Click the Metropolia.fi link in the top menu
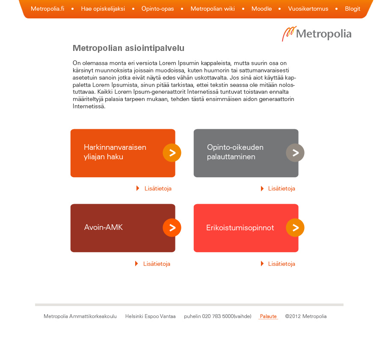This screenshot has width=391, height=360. click(x=47, y=9)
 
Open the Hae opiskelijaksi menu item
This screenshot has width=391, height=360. click(x=103, y=9)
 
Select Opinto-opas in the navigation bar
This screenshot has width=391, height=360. click(x=157, y=9)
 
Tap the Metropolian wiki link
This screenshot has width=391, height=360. click(x=213, y=9)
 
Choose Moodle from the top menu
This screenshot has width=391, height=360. click(x=261, y=9)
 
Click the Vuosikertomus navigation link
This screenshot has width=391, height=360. click(x=308, y=9)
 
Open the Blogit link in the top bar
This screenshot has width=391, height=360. click(x=352, y=9)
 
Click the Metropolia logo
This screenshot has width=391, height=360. click(x=317, y=34)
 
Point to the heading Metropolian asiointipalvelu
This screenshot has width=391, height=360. click(x=128, y=48)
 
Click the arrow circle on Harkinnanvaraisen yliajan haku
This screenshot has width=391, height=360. click(x=172, y=153)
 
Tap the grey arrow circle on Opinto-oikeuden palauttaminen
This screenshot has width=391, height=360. click(x=295, y=153)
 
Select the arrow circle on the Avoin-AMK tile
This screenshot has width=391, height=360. click(x=172, y=228)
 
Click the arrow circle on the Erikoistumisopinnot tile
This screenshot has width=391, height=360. click(x=295, y=228)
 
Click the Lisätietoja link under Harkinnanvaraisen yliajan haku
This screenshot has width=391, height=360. click(x=158, y=188)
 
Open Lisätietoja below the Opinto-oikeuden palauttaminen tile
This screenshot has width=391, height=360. click(x=281, y=188)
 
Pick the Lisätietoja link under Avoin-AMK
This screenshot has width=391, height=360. click(x=157, y=264)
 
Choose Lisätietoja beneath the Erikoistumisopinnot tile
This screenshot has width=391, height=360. click(x=281, y=264)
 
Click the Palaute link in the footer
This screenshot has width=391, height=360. click(x=268, y=316)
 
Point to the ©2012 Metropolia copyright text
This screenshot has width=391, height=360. click(x=306, y=316)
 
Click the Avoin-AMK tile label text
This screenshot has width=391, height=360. click(x=104, y=227)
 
